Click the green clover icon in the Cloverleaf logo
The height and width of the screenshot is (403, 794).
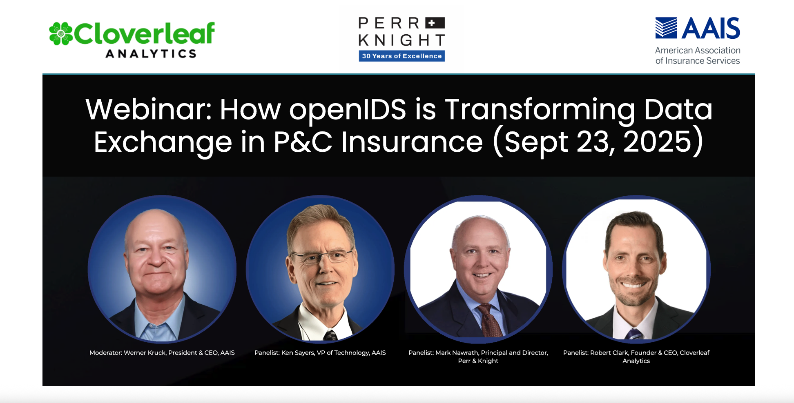point(61,33)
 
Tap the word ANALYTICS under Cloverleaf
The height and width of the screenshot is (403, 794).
point(152,54)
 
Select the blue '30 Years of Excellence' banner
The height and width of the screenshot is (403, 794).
point(402,56)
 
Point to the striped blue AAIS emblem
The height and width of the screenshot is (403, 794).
point(666,28)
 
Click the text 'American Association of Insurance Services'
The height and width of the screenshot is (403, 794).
point(698,55)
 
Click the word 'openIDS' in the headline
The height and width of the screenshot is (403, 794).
point(348,110)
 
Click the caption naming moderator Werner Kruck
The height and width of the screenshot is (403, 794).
point(162,353)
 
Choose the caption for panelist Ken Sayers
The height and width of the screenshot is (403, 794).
point(320,353)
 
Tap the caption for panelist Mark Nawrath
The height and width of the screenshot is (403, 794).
point(478,357)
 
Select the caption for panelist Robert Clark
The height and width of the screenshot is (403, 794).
point(636,357)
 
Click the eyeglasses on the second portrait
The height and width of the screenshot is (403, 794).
point(321,257)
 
